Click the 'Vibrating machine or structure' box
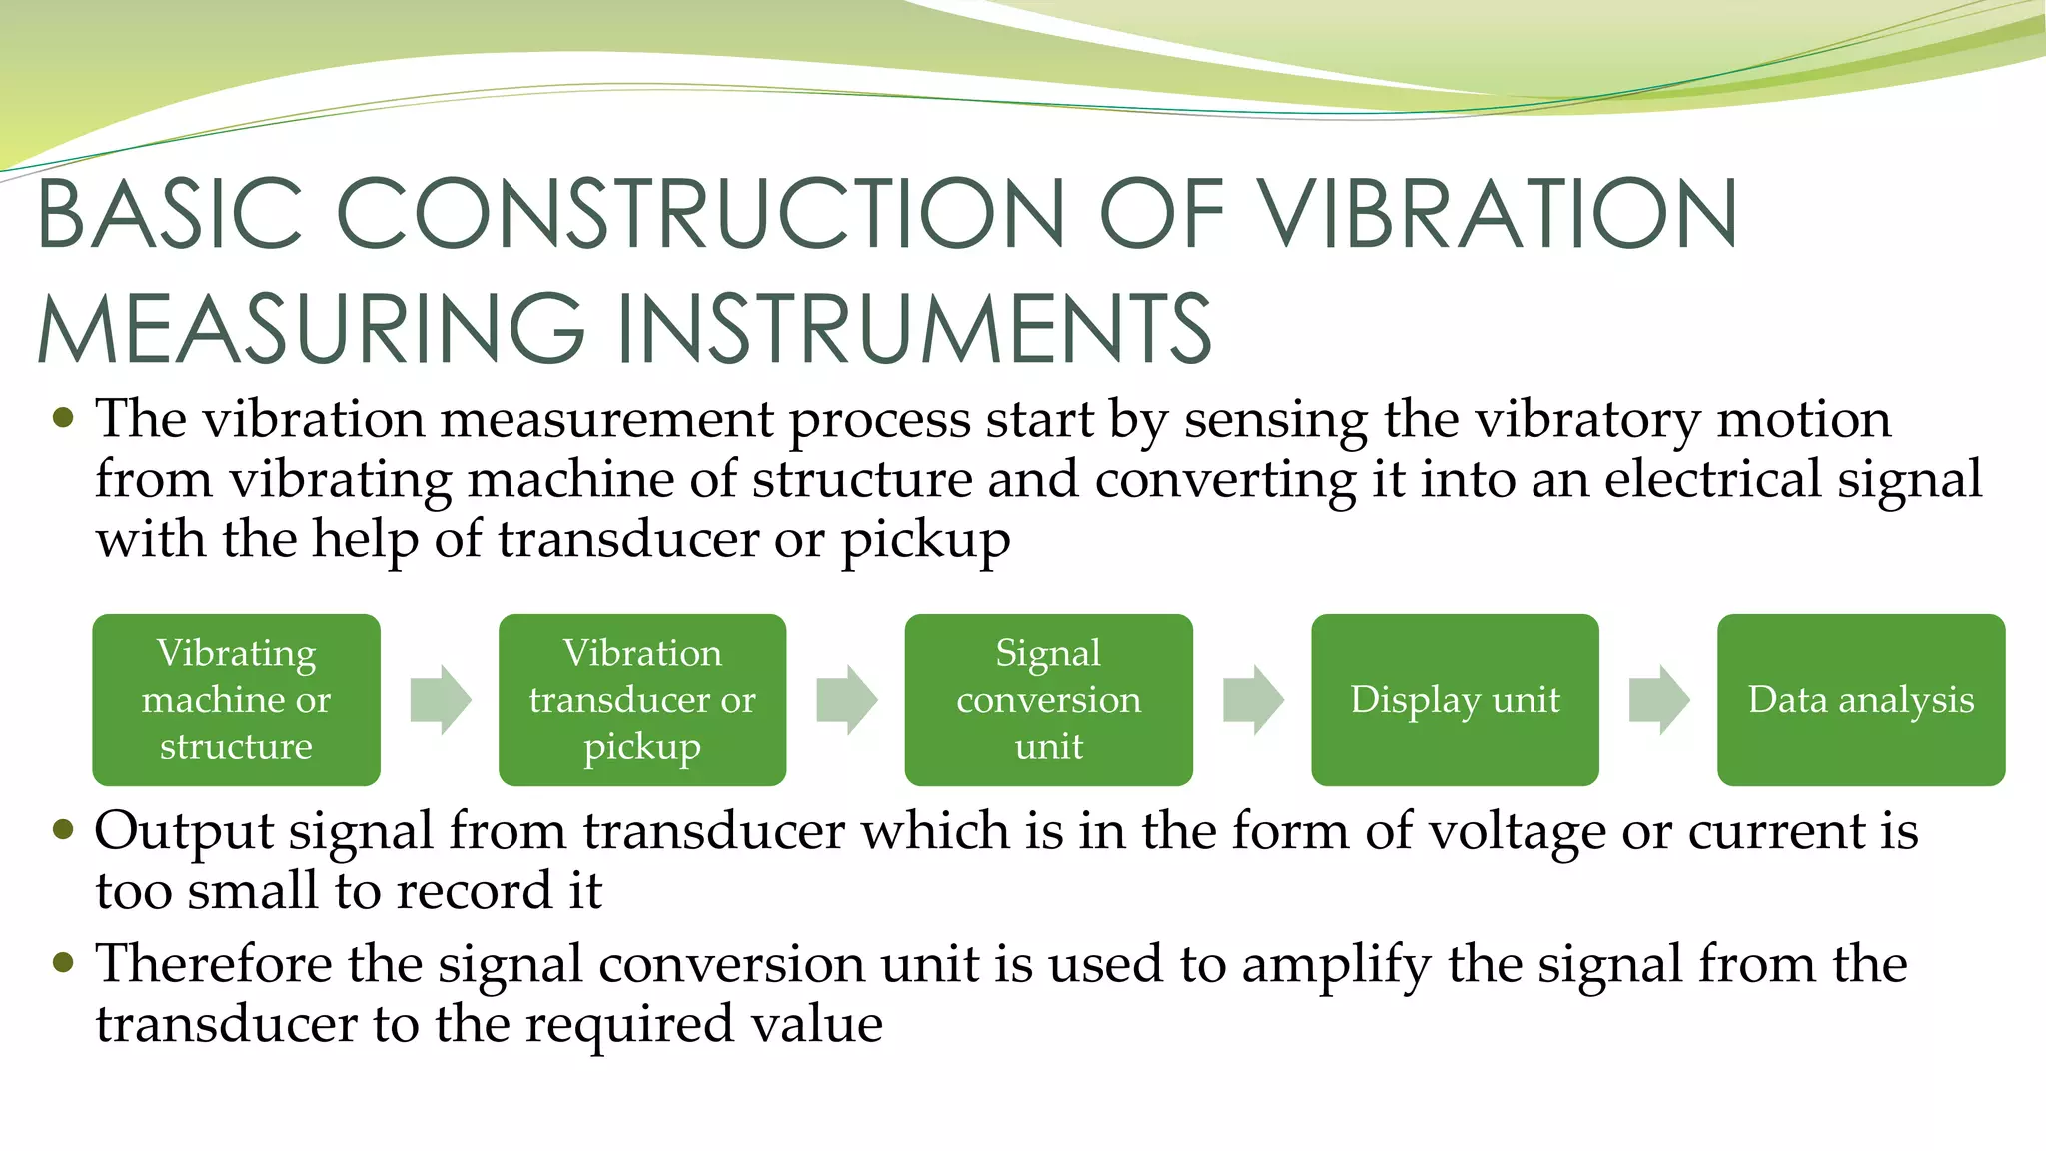[x=236, y=699]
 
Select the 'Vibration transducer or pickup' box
[x=641, y=699]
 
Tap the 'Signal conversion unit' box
[x=1048, y=699]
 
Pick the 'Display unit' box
[x=1455, y=699]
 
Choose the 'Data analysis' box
[x=1860, y=699]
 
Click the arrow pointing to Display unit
[x=1253, y=699]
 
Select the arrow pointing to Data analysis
[x=1659, y=699]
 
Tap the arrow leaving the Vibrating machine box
[x=441, y=699]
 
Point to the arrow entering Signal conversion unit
[x=847, y=699]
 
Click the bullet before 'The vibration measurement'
[x=63, y=418]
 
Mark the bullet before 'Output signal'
[x=63, y=830]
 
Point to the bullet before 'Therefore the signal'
[x=63, y=963]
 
